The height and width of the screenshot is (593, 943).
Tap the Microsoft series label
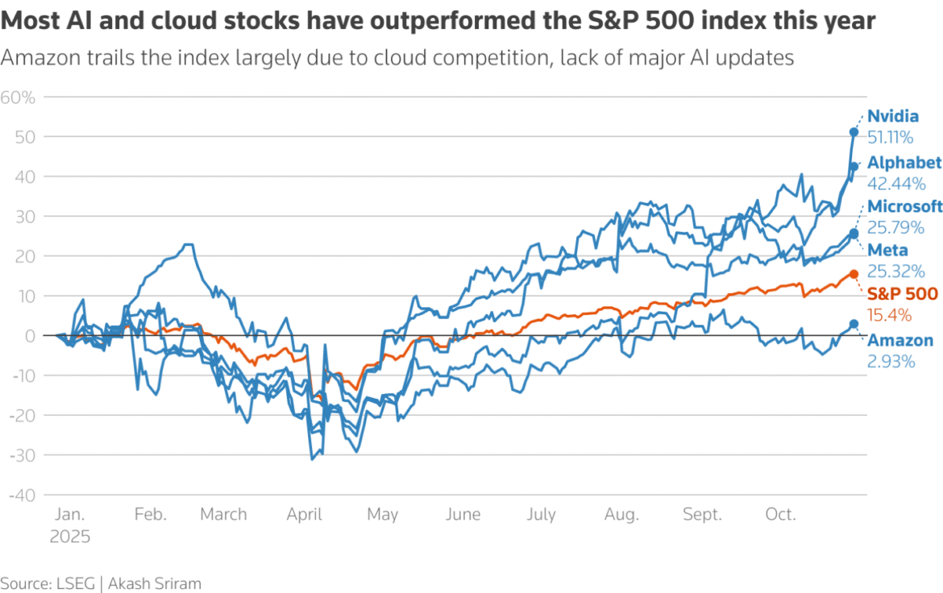[x=904, y=205]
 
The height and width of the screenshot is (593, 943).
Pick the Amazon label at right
[x=899, y=341]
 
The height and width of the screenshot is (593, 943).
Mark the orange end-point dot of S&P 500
[x=854, y=274]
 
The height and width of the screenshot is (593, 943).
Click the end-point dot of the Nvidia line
[x=854, y=132]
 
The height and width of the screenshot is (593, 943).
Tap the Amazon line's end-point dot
[x=854, y=324]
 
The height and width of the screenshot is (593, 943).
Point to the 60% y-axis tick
[x=18, y=97]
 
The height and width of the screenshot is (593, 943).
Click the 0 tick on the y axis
[x=30, y=336]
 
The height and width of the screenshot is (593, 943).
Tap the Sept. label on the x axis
[x=702, y=515]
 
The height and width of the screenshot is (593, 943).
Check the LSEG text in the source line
[x=75, y=583]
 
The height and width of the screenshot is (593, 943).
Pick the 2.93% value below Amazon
[x=891, y=362]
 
